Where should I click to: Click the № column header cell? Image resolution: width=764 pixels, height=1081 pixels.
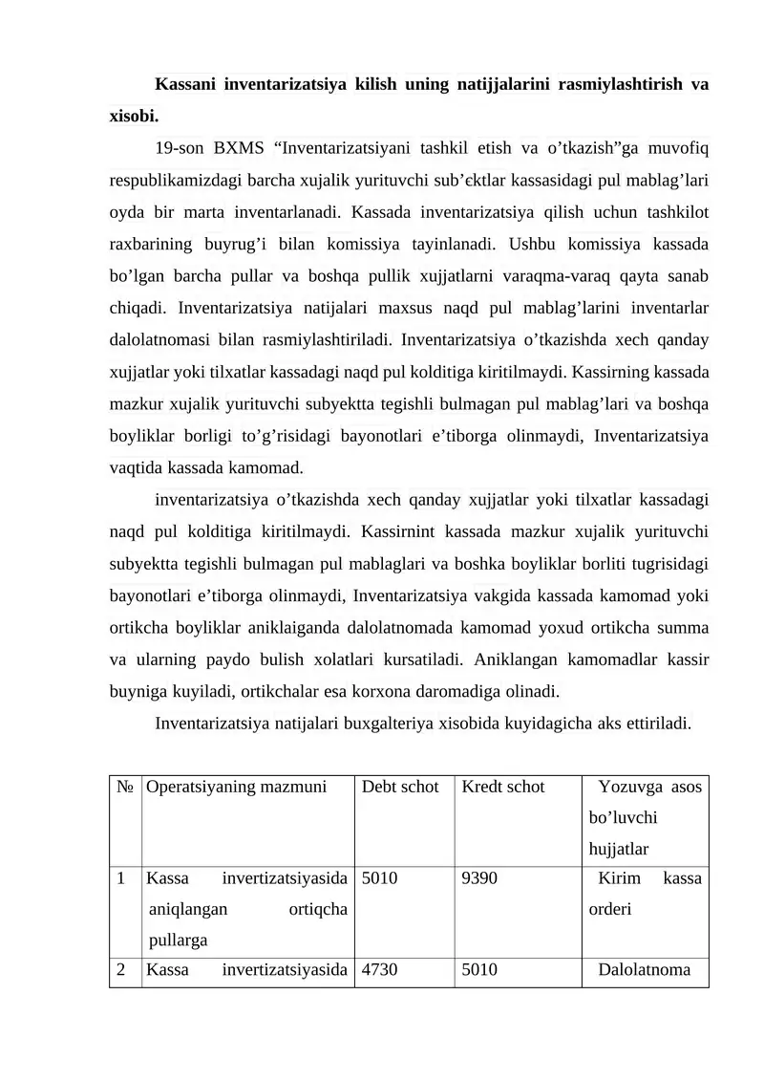[125, 787]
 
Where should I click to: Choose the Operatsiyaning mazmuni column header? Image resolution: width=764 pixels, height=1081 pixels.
[237, 787]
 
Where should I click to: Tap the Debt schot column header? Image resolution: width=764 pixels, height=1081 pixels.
[400, 787]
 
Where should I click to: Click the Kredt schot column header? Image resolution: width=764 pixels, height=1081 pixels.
[503, 787]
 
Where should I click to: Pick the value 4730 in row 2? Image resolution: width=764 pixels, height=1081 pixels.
[379, 971]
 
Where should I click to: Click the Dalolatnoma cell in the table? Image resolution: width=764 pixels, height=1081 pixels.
[645, 971]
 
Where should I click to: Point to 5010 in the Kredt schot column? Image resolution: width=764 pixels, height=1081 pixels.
[479, 971]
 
